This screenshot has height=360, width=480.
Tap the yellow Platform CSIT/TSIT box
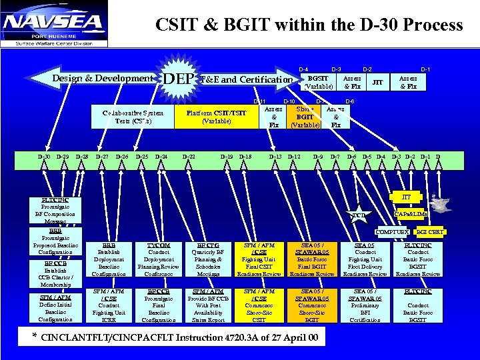click(217, 117)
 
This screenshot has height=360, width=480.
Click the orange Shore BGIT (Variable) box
click(305, 117)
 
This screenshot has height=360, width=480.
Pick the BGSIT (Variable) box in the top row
click(317, 82)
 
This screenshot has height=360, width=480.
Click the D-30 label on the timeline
click(43, 157)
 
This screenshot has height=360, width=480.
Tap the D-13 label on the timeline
click(275, 157)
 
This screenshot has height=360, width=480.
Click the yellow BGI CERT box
click(430, 232)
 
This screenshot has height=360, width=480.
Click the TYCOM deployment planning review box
click(158, 259)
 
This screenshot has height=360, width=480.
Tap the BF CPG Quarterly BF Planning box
click(209, 259)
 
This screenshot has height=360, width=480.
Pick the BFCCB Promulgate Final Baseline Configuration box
click(158, 305)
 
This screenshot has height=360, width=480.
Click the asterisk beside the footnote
click(34, 336)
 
